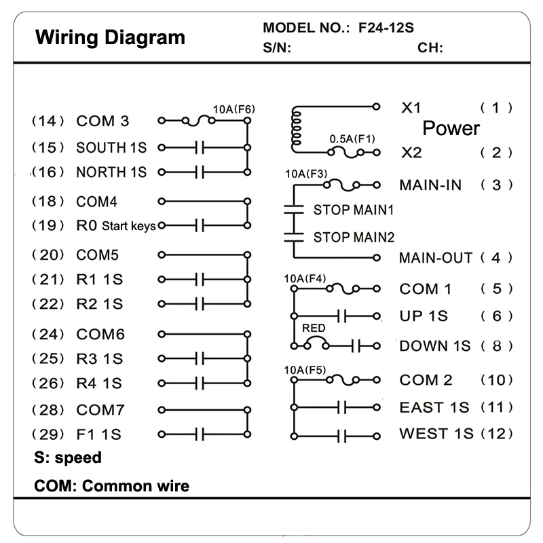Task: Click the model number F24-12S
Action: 386,28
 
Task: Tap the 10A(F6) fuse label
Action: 233,109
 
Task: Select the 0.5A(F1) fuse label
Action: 352,139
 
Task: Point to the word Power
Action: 451,128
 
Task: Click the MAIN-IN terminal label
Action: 430,185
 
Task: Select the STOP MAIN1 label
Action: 354,210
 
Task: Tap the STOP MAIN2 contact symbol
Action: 294,237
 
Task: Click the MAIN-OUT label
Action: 436,258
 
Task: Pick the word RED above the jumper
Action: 314,328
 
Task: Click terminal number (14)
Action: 48,121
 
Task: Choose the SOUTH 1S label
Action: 111,147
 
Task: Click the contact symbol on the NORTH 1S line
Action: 200,172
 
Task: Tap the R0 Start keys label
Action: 116,225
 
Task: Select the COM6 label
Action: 100,334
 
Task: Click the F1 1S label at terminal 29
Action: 98,434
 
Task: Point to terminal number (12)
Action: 497,434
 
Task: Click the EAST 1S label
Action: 434,407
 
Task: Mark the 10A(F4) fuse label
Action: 305,278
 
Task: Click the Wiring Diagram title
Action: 110,37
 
